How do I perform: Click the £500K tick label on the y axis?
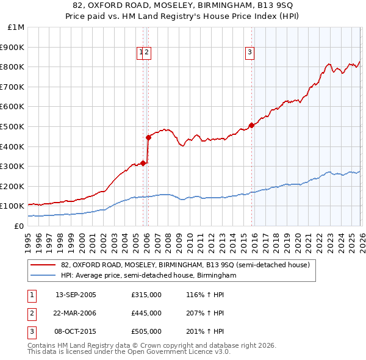click(13, 126)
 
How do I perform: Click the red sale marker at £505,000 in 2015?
click(251, 125)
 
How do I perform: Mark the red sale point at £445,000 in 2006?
click(148, 137)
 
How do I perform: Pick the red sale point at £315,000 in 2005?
click(143, 163)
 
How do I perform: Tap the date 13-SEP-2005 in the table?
click(76, 295)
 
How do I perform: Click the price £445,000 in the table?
click(146, 313)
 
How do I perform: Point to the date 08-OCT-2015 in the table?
click(76, 331)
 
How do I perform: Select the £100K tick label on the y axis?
click(13, 206)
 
